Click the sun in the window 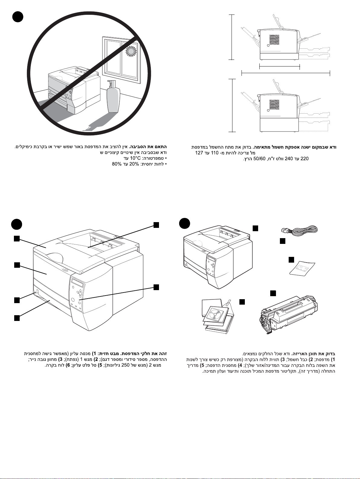130,52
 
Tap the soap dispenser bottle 113,97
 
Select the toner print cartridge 289,314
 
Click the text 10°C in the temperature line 135,158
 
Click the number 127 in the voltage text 199,153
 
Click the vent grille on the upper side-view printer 274,40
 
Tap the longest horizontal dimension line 286,73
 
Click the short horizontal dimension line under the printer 280,65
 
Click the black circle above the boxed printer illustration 184,224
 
